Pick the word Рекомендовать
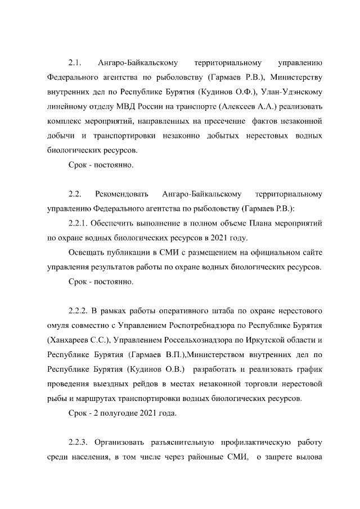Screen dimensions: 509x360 point(122,194)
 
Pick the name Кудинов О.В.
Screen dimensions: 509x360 point(155,370)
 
